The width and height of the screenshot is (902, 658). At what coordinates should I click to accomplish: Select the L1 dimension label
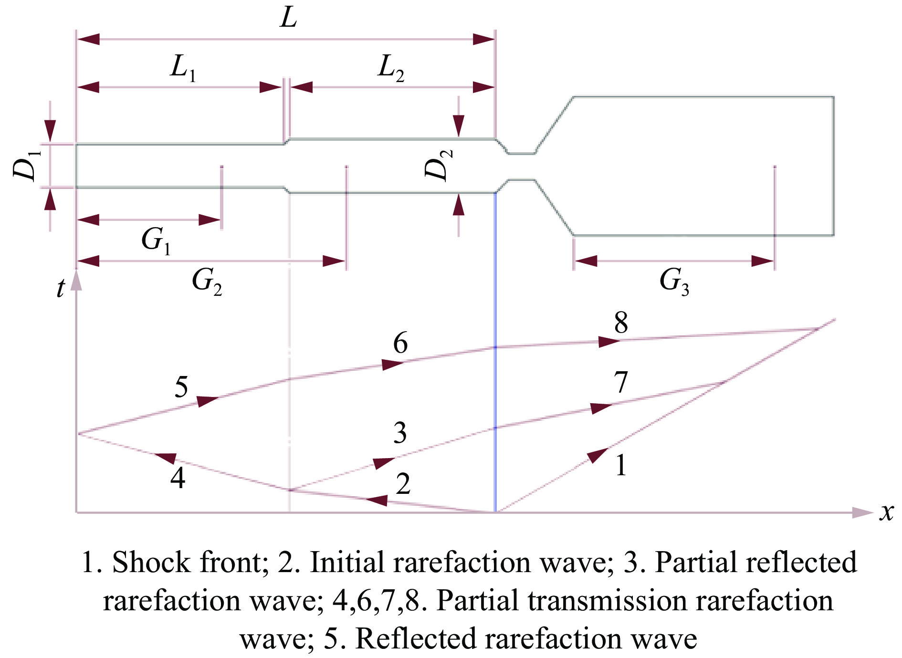point(183,68)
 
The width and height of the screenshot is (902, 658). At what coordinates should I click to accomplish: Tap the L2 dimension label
point(391,68)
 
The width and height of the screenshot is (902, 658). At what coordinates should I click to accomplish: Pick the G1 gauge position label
point(156,240)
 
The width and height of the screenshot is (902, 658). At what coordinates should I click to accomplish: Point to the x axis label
point(886,512)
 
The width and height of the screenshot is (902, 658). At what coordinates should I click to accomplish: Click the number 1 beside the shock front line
point(620,465)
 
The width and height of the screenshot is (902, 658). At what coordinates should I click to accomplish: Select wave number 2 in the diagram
point(403,484)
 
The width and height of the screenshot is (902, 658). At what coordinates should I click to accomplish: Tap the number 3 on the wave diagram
point(400,433)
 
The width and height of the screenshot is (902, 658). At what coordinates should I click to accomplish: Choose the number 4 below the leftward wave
point(178,477)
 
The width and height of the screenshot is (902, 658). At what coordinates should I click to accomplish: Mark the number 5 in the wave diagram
point(181,386)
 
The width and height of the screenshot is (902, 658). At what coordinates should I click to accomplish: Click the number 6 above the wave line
point(400,343)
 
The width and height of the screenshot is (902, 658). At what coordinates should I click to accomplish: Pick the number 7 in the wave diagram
point(620,382)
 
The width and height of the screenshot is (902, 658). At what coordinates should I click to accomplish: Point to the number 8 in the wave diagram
point(621,323)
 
